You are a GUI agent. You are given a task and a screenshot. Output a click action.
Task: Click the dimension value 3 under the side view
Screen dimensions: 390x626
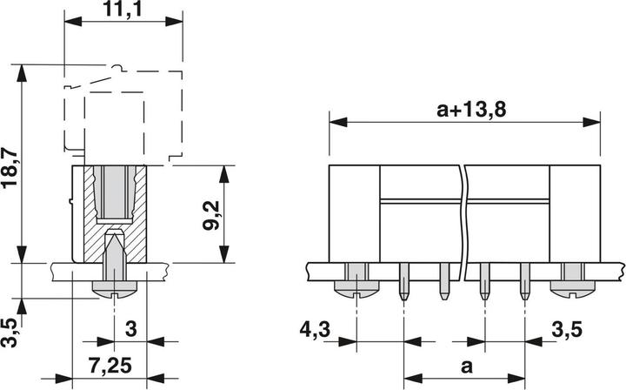(131, 329)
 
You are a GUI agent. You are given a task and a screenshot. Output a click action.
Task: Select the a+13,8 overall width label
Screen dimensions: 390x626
(469, 110)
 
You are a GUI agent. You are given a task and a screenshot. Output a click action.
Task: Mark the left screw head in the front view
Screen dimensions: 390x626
(356, 285)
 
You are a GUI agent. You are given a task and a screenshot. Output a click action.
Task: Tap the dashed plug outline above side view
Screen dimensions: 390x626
(122, 113)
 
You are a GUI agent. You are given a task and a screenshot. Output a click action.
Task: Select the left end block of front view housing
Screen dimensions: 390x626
(354, 213)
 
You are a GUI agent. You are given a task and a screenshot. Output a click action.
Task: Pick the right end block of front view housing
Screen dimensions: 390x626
(576, 213)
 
